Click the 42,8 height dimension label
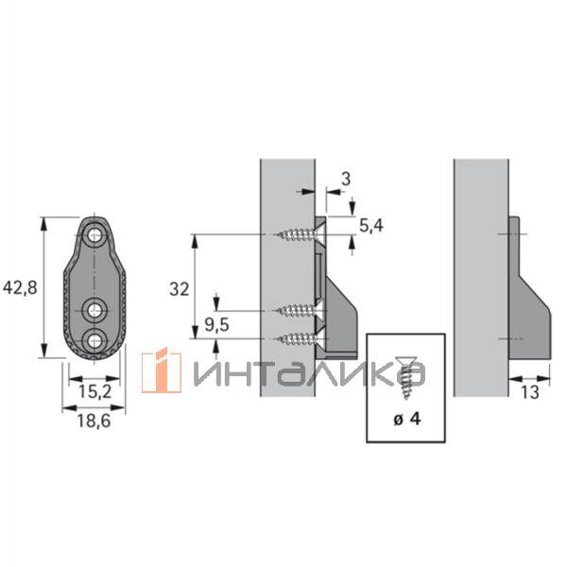pyautogui.click(x=20, y=288)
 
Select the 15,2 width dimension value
pyautogui.click(x=94, y=391)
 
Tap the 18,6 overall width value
pyautogui.click(x=94, y=421)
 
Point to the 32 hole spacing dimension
pyautogui.click(x=180, y=289)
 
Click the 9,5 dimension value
pyautogui.click(x=217, y=325)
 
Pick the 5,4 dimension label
pyautogui.click(x=371, y=226)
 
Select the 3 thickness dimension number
pyautogui.click(x=346, y=179)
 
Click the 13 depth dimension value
pyautogui.click(x=530, y=392)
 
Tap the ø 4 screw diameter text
pyautogui.click(x=407, y=419)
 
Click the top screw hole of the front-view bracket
pyautogui.click(x=94, y=236)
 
